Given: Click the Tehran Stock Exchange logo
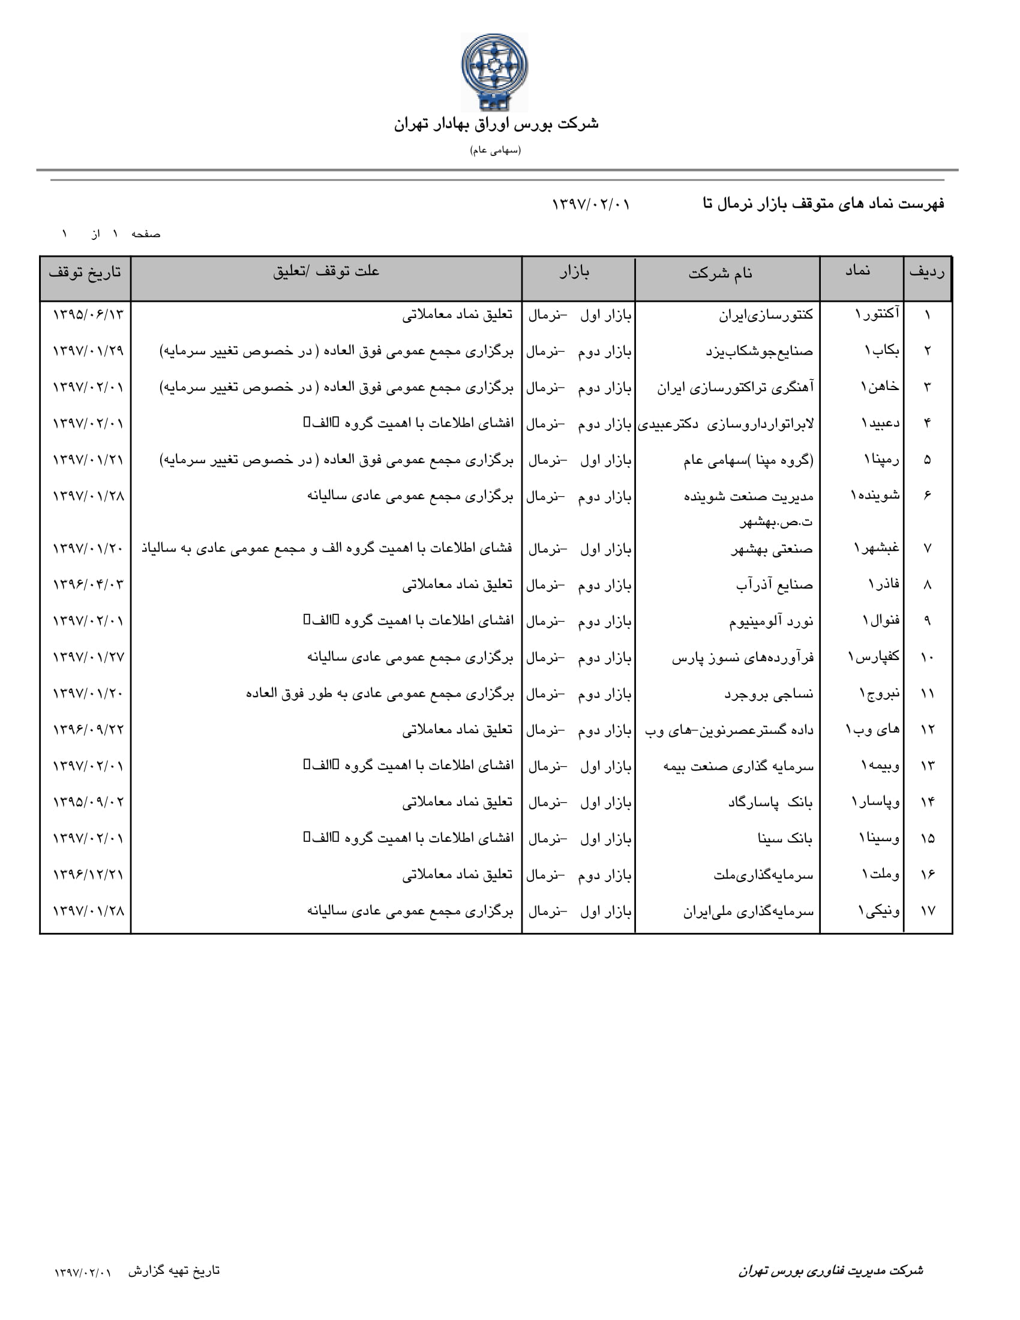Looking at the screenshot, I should point(494,72).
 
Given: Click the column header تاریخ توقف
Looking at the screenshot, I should point(85,272).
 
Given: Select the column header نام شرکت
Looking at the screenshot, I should point(721,273).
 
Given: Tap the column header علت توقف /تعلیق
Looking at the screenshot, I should point(326,271).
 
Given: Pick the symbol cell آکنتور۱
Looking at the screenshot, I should point(877,314).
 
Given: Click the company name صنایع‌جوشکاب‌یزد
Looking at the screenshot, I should point(760,350).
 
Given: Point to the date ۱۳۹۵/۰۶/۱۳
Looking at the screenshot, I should point(88,314).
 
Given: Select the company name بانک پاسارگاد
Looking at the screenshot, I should point(770,802).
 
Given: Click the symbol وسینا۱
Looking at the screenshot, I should point(880,838).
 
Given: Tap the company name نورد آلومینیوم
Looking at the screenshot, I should point(771,621).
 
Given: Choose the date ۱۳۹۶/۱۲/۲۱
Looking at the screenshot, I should point(88,875).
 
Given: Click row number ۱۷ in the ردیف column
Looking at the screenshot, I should point(928,910).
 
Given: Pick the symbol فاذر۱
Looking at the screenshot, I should point(884,584).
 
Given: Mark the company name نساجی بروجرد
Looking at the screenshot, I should point(769,694).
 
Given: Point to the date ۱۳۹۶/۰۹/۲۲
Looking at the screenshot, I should point(88,730).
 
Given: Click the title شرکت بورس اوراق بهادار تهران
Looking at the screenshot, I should point(496,125).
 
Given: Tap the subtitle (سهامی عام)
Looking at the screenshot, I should point(496,150).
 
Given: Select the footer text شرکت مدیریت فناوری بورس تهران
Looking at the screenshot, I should point(830,1270).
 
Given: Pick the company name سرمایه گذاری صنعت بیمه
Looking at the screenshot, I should point(739,766).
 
